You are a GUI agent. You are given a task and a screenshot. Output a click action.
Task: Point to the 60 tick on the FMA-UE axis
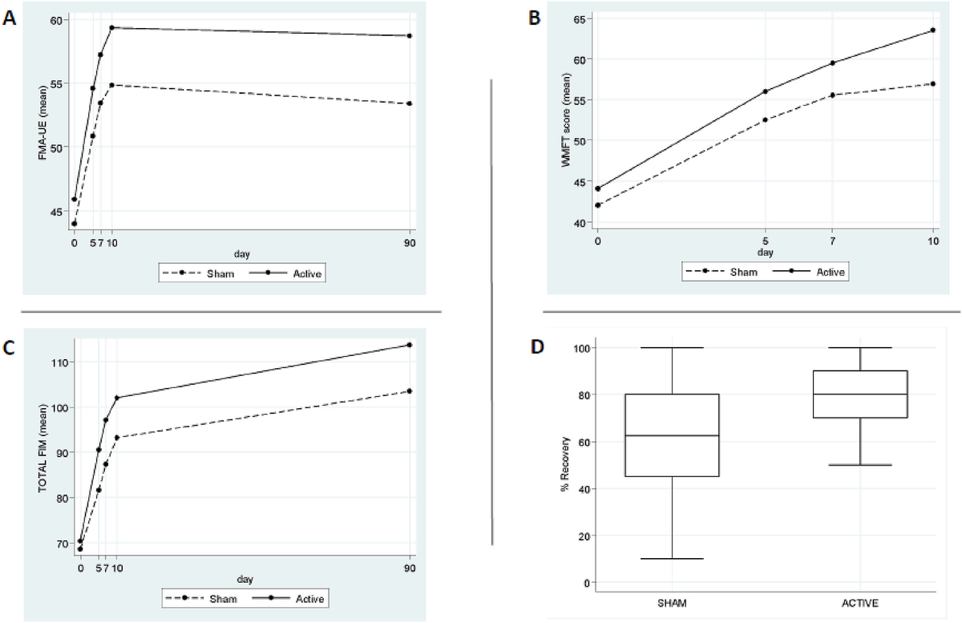pyautogui.click(x=61, y=18)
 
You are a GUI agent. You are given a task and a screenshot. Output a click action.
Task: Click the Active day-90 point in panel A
pyautogui.click(x=410, y=35)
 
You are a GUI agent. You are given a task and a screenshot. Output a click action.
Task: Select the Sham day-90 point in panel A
pyautogui.click(x=410, y=103)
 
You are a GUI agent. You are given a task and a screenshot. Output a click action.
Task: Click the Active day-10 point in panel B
pyautogui.click(x=933, y=30)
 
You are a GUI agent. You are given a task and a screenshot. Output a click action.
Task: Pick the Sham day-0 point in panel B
pyautogui.click(x=597, y=205)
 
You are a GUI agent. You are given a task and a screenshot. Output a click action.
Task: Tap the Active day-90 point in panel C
pyautogui.click(x=410, y=345)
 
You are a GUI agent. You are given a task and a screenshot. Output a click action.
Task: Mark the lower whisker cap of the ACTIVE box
pyautogui.click(x=859, y=465)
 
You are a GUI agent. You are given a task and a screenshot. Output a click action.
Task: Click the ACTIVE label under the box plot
pyautogui.click(x=859, y=601)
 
